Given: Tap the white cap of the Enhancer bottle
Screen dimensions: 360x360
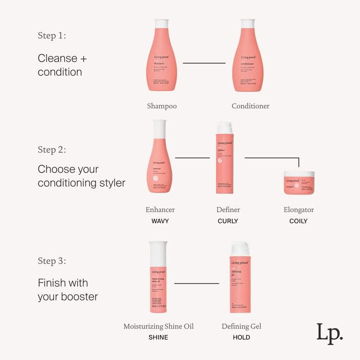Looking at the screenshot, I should pos(160,129).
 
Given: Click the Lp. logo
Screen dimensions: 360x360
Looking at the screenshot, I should pos(329,333).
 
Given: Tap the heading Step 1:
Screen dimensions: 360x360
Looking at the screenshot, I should pos(52,36).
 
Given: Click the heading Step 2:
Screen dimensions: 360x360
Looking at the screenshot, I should pos(52,149).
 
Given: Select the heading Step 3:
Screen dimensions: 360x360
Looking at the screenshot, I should pos(52,261).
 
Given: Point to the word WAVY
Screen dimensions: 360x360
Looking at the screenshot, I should pos(160,221).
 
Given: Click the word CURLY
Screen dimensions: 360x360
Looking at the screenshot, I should pos(228,221).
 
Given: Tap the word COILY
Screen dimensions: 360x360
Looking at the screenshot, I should pos(298,221).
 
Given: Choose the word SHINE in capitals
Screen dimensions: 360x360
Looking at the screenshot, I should pos(158,337).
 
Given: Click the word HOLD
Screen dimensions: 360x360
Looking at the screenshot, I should pos(241,337).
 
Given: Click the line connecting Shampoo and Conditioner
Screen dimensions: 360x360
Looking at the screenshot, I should pos(204,63).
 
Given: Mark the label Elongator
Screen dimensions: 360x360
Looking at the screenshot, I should pos(298,210).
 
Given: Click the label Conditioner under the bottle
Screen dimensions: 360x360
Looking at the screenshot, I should pos(251,106).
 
